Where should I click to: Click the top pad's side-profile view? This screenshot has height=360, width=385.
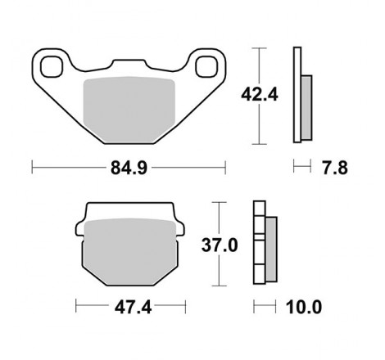pyautogui.click(x=301, y=94)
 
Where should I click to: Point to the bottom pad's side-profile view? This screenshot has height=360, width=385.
pyautogui.click(x=265, y=243)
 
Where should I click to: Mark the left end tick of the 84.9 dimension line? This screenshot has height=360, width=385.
pyautogui.click(x=31, y=168)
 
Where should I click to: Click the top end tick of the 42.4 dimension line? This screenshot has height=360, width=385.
pyautogui.click(x=260, y=48)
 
